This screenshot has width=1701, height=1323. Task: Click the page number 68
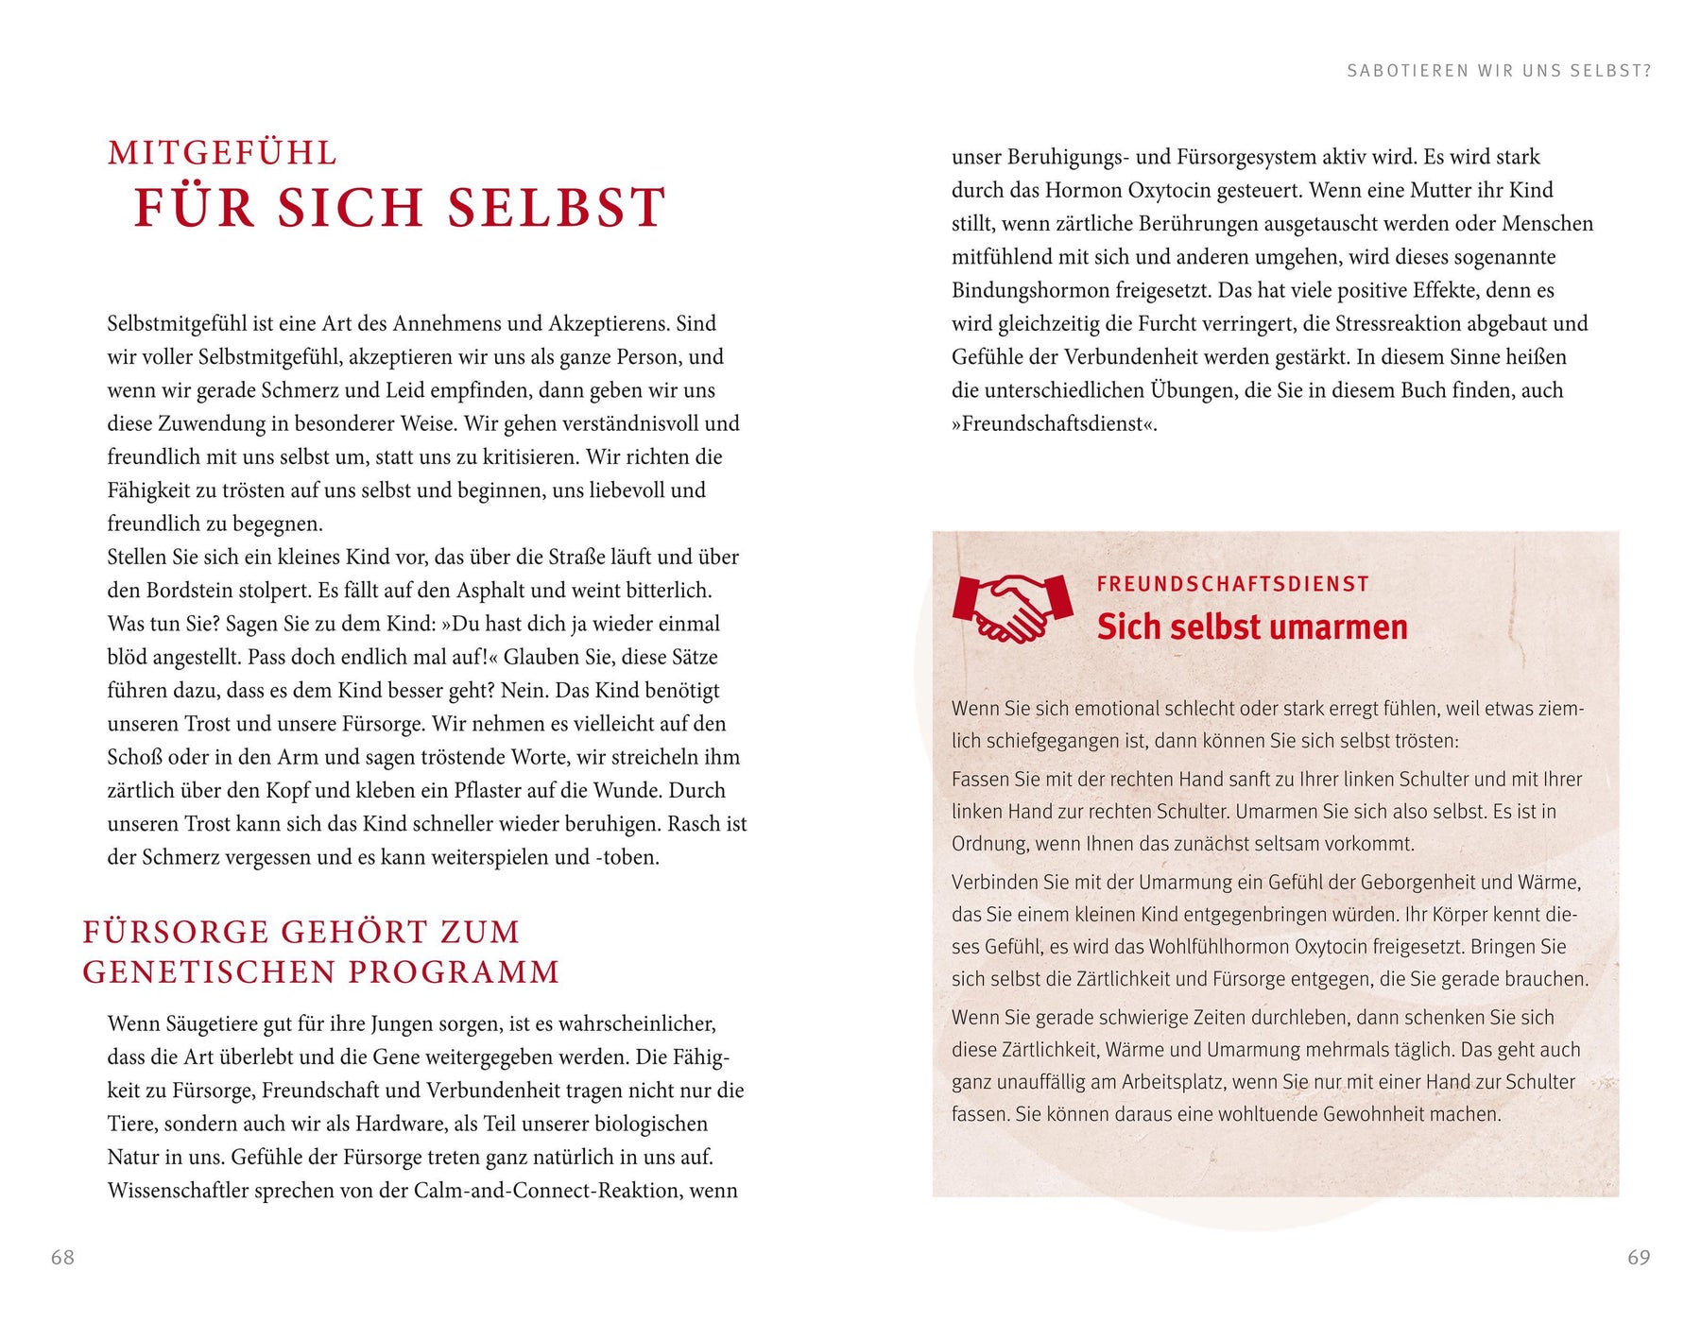62,1257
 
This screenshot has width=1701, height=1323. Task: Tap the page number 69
1639,1257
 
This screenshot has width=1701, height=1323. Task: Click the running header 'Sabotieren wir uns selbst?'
1499,71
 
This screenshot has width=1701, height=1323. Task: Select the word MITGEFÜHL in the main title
222,153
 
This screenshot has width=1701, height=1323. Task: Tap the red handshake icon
1013,608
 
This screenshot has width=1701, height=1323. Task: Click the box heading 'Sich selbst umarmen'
1252,627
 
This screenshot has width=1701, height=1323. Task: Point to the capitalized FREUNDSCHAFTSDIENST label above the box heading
1233,584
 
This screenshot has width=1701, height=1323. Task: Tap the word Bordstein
196,591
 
